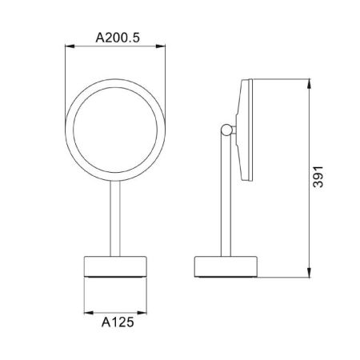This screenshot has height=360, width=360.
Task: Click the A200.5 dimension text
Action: click(118, 38)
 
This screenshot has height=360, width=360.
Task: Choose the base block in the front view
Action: click(118, 264)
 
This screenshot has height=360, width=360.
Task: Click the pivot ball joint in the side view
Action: click(229, 130)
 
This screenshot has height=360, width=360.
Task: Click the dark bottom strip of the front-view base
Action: click(118, 275)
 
